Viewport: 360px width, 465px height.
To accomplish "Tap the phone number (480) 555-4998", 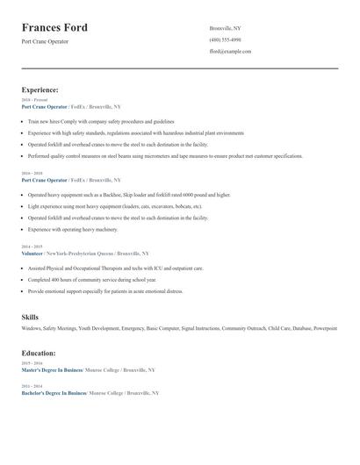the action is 225,39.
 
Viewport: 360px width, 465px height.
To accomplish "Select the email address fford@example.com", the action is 230,51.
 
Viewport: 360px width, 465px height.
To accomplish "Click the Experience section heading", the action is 40,89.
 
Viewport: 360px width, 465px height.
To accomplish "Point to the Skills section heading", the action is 30,316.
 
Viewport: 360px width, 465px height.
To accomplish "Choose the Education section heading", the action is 39,353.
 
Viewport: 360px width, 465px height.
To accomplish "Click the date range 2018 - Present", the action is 34,100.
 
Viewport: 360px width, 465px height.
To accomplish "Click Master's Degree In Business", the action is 54,369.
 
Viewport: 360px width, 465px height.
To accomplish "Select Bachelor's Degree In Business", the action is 54,393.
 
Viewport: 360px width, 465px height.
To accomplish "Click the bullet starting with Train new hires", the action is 101,121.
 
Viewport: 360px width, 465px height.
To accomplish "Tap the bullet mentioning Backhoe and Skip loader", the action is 128,195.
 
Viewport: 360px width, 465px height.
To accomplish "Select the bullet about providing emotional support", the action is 105,290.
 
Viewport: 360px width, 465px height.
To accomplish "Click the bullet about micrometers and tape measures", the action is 164,155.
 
